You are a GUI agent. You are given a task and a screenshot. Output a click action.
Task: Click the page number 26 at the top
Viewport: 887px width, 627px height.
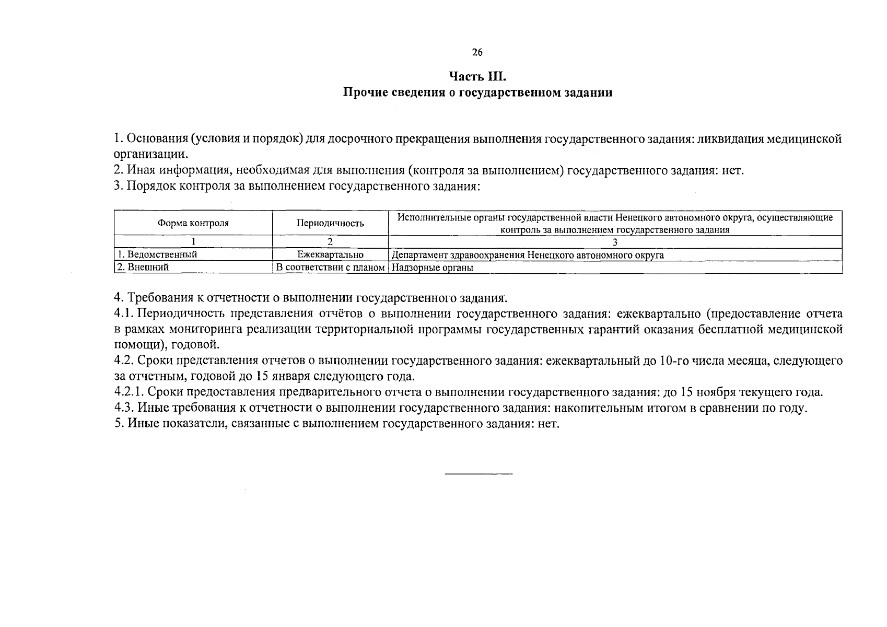pos(477,52)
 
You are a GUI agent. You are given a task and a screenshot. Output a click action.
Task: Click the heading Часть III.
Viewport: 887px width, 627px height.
pos(477,77)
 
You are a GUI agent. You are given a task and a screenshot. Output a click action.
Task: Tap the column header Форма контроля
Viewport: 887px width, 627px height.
pos(193,223)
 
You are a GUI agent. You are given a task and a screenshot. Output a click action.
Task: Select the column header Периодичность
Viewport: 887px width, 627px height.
pos(330,223)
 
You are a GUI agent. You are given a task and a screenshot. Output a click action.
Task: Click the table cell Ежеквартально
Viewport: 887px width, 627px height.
pos(330,255)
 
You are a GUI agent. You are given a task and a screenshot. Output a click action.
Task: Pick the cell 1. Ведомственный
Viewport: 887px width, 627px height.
pos(157,255)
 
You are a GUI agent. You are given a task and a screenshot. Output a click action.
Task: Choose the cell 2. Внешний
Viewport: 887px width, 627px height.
pos(143,268)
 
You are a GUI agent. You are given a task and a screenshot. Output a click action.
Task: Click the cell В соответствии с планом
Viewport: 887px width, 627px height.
pos(330,268)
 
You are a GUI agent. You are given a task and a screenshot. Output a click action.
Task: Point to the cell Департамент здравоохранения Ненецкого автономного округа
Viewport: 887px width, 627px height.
pos(528,255)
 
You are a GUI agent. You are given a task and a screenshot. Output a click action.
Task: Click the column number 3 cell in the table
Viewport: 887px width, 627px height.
pos(615,242)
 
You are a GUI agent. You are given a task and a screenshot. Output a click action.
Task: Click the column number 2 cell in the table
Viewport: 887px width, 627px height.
pos(330,242)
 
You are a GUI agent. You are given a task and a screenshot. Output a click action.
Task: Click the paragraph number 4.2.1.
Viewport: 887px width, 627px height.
pos(129,392)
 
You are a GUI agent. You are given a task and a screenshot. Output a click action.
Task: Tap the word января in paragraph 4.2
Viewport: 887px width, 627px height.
pos(288,376)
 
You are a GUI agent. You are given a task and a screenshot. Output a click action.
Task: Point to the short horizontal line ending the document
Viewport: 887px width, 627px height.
pos(478,474)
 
